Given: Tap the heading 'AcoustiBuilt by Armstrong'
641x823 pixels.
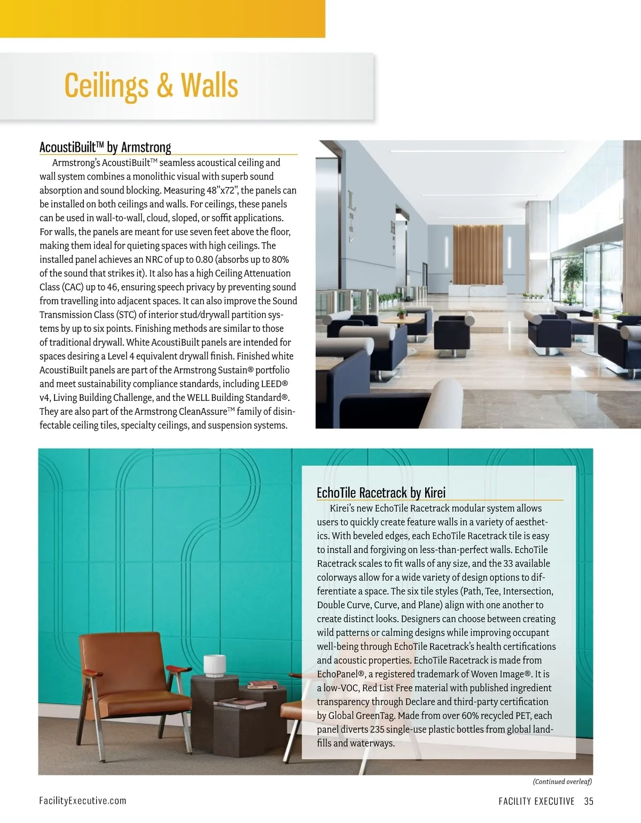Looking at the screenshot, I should pyautogui.click(x=105, y=147).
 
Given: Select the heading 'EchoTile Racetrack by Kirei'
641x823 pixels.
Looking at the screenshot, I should pyautogui.click(x=381, y=492).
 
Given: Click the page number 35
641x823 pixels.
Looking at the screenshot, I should pyautogui.click(x=589, y=801).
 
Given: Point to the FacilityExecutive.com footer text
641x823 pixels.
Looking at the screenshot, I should pyautogui.click(x=83, y=800).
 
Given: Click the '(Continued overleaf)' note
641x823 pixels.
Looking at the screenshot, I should pyautogui.click(x=562, y=781).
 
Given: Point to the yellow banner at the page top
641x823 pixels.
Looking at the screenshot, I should pyautogui.click(x=162, y=19).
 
